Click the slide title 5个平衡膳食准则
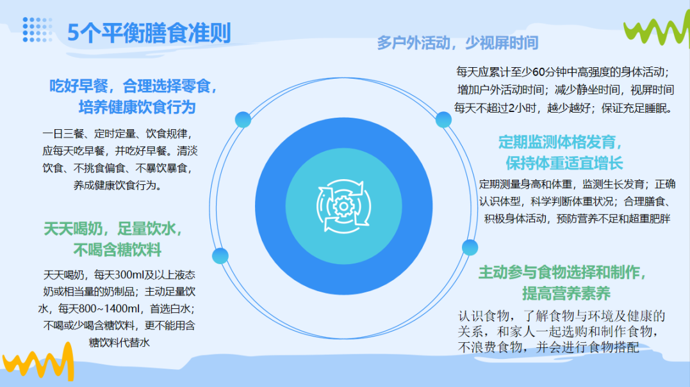tap(149, 33)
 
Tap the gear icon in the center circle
tap(343, 207)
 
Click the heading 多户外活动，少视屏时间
tap(457, 43)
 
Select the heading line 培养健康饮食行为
tap(137, 107)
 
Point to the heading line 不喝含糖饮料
tap(117, 250)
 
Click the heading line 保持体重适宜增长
tap(564, 163)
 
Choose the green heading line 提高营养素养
tap(566, 294)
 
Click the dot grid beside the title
tap(37, 30)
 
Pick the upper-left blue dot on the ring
tap(243, 120)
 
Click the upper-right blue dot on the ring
tap(443, 120)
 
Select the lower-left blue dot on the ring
tap(220, 256)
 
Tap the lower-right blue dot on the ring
tap(470, 248)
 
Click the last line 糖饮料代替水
tap(119, 343)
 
